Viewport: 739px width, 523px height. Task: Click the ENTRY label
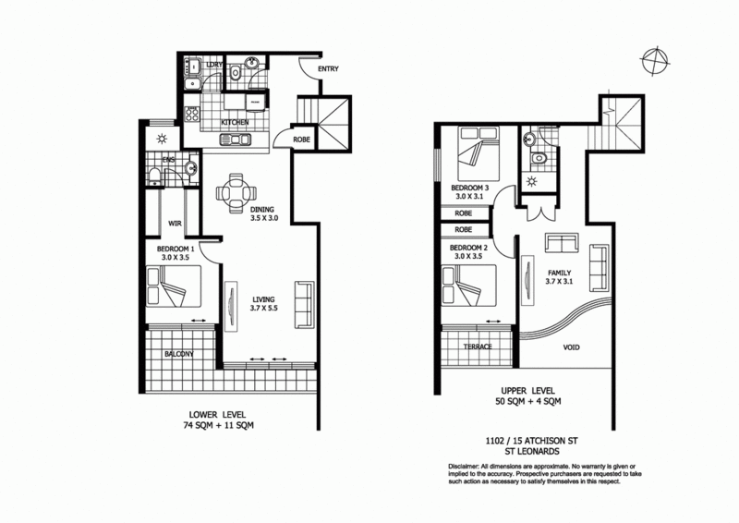(327, 69)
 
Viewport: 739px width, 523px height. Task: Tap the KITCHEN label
(236, 123)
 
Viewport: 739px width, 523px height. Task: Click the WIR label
(173, 222)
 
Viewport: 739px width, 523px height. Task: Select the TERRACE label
(477, 347)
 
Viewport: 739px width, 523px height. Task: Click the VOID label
(574, 350)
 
